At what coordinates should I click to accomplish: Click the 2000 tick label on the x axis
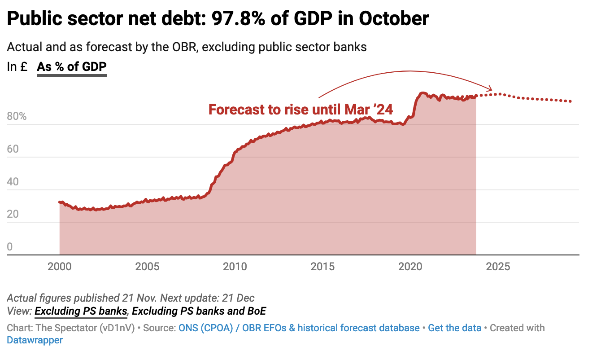(x=59, y=267)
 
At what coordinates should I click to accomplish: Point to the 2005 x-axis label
(x=147, y=267)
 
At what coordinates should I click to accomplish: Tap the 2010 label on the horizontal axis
(x=235, y=267)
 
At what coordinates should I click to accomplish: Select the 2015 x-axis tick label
(x=322, y=267)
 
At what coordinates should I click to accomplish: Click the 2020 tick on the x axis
(x=410, y=267)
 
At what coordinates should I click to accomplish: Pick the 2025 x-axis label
(x=498, y=267)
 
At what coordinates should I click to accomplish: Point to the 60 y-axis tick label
(x=13, y=149)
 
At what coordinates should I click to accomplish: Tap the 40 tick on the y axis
(x=13, y=182)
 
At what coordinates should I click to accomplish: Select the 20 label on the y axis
(x=13, y=215)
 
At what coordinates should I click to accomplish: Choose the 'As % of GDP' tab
(x=72, y=67)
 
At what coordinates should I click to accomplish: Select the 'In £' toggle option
(x=17, y=67)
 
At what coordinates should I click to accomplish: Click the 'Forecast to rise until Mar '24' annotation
(x=300, y=110)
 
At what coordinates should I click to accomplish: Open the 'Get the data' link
(x=454, y=328)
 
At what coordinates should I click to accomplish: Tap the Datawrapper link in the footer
(x=35, y=340)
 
